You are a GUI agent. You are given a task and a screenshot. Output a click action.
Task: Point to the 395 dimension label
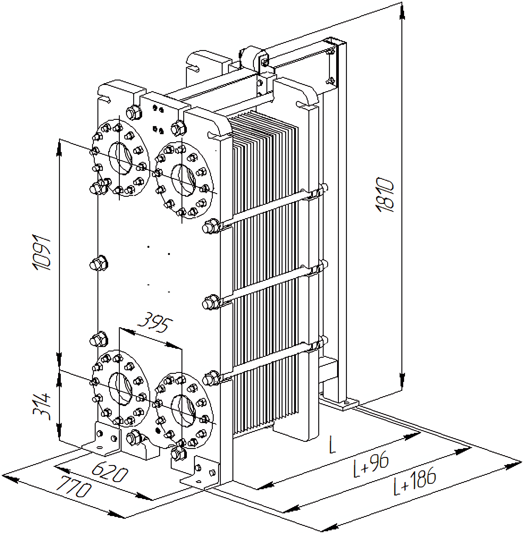(x=155, y=323)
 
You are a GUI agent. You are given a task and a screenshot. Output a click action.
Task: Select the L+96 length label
(x=371, y=464)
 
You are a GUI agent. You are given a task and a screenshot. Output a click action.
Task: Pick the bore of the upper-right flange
(x=183, y=180)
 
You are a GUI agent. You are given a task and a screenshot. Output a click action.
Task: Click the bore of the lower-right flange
(x=183, y=411)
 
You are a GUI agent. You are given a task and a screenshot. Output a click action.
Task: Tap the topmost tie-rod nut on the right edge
(x=210, y=227)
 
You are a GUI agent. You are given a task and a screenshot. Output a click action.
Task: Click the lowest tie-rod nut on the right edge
(x=210, y=379)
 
